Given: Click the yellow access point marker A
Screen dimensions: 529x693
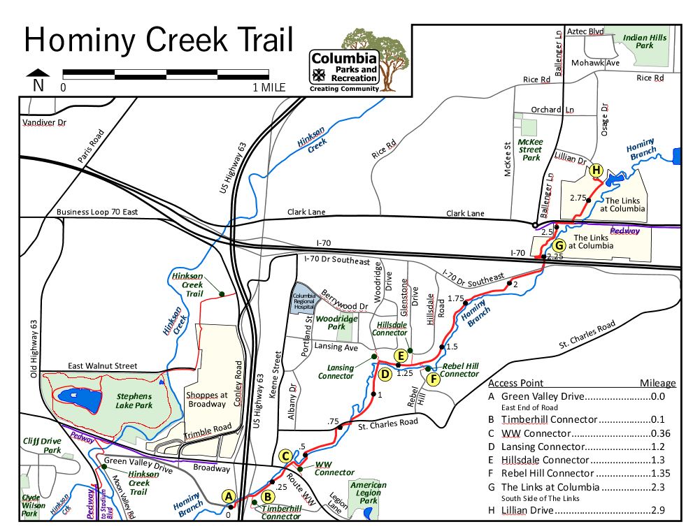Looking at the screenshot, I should coord(228,496).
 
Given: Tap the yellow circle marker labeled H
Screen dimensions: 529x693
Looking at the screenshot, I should coord(596,170).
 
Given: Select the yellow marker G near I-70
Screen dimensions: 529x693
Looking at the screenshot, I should coord(558,245).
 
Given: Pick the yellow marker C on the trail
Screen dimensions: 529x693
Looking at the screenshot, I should coord(285,456).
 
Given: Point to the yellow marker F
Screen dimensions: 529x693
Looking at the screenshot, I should coord(433,379).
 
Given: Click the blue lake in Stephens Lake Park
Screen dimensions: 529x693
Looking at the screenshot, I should coord(73,396).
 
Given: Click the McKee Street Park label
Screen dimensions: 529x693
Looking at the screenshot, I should coord(530,149).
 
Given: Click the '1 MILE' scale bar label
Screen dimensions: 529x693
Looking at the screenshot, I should coord(269,88).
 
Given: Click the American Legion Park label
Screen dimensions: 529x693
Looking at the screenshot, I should coord(368,493).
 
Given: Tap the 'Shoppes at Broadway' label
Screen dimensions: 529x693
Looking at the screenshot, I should coord(206,398).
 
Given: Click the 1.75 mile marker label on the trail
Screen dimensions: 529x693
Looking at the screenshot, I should coord(456,298).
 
